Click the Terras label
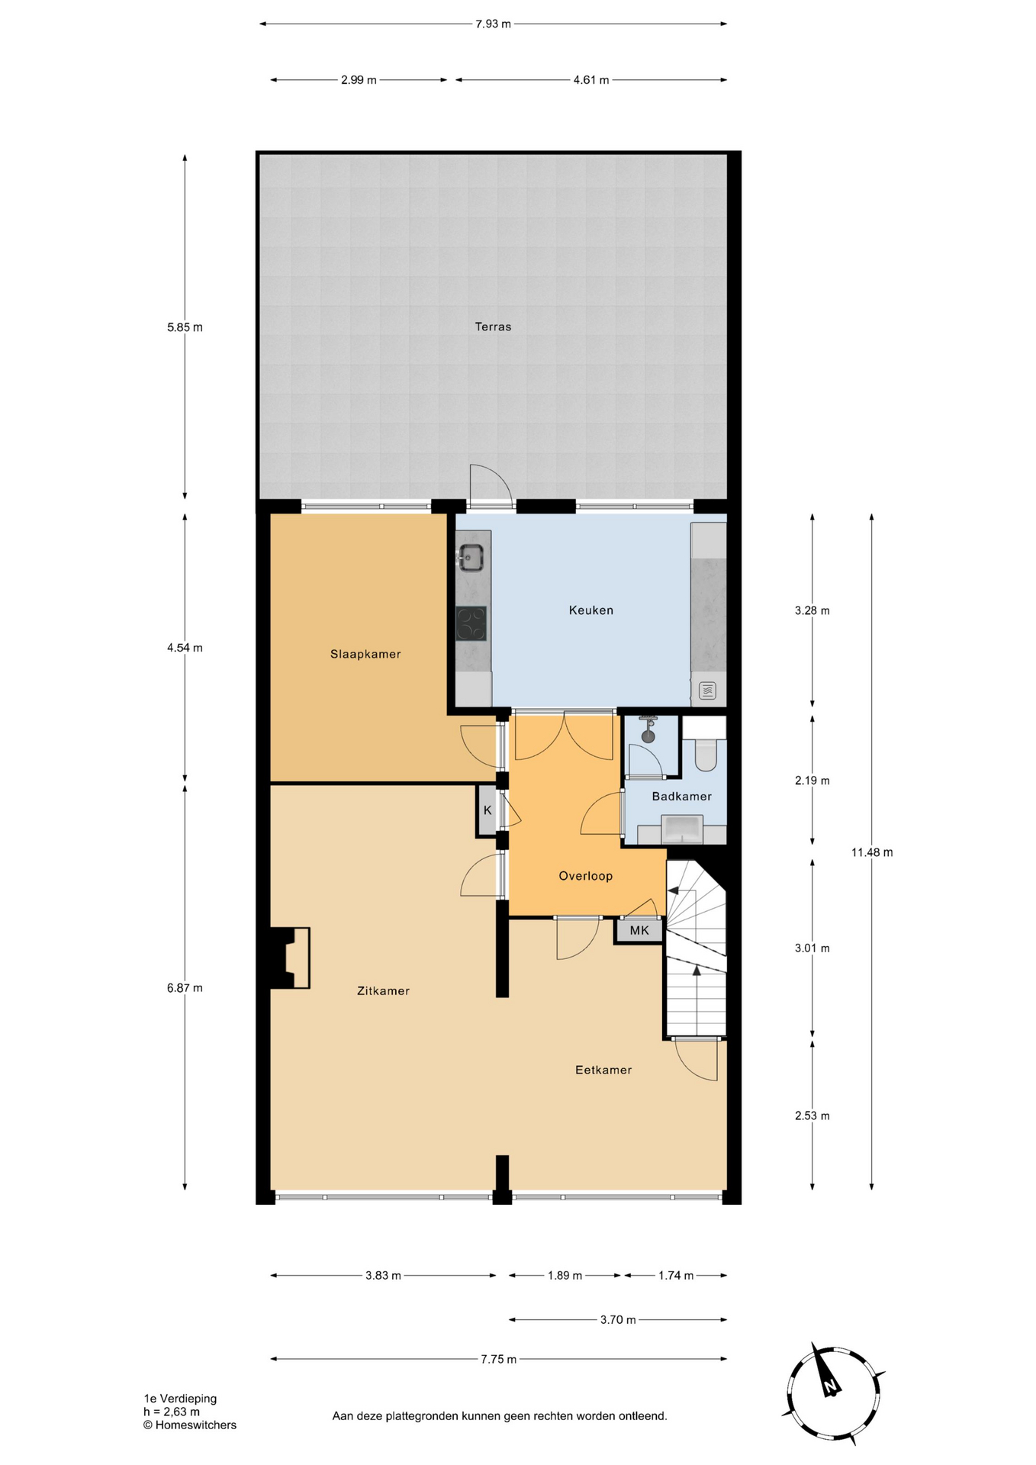(493, 327)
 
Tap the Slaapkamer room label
(365, 654)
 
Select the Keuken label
(591, 610)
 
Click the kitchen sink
(471, 558)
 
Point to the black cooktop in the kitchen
(471, 623)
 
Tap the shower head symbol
(648, 729)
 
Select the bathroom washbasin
(682, 829)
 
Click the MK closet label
(639, 930)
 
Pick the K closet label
(487, 810)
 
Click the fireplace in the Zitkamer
(290, 958)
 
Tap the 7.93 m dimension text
(493, 24)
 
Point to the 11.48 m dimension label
(872, 852)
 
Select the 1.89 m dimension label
(565, 1276)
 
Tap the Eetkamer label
(603, 1070)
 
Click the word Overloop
(586, 876)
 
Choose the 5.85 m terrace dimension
(185, 327)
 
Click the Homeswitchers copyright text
(190, 1425)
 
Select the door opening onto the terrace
(490, 486)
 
